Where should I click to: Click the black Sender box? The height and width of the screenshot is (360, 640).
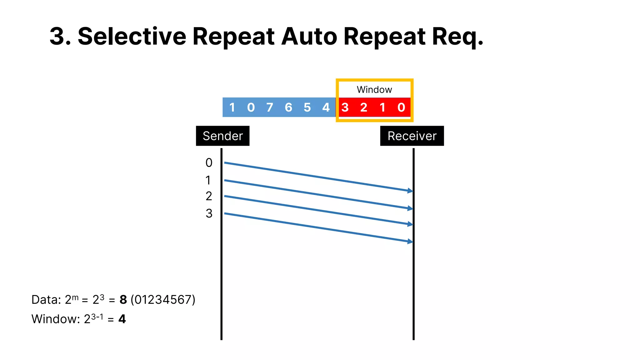pos(222,136)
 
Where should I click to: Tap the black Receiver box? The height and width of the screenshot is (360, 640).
pos(412,136)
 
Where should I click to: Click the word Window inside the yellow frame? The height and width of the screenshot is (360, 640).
pos(374,90)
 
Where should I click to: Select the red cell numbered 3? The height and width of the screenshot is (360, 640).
pos(345,107)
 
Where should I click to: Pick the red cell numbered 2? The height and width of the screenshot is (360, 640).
pos(363,107)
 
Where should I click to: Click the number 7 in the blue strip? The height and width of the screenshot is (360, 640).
pos(270,107)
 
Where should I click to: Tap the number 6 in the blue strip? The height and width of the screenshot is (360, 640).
pos(288,107)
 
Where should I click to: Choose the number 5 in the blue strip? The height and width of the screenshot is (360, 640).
pos(307,107)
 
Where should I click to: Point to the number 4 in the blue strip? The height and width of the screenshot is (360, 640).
pos(326,107)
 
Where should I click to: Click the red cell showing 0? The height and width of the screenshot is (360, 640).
pos(401,107)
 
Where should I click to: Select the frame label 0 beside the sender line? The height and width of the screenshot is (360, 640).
pos(209,163)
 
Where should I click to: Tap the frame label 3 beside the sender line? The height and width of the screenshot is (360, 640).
pos(209,213)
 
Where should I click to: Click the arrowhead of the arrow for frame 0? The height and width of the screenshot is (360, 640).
pos(410,191)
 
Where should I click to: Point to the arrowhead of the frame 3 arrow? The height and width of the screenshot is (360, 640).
pos(410,241)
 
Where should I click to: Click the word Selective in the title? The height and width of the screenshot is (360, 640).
pos(132,36)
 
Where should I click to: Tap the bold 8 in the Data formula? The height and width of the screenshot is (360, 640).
pos(123,300)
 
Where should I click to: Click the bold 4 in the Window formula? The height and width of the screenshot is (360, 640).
pos(122,319)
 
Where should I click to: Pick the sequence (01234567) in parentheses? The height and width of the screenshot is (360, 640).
pos(163,300)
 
